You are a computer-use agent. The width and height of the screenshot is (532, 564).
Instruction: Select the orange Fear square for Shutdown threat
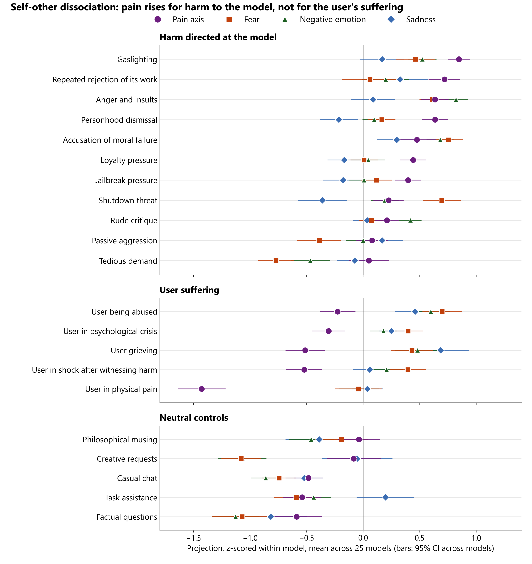pos(442,200)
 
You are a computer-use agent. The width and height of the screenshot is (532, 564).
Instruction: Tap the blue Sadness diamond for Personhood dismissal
pos(339,120)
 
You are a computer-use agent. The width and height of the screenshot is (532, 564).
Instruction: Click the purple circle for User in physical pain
pos(202,389)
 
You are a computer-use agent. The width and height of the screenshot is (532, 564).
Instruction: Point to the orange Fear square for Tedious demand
pos(276,260)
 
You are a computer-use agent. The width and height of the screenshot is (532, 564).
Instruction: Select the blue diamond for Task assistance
pos(385,497)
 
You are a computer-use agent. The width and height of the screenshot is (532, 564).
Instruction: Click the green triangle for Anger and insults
pos(456,100)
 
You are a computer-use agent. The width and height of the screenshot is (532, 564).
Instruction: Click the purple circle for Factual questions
pos(297,517)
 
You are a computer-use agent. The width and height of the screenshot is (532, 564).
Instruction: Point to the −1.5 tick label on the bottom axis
pos(194,538)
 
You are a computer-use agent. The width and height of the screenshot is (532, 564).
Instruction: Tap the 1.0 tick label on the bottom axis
pos(476,538)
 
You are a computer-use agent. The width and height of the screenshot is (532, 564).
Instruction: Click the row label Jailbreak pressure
pos(126,180)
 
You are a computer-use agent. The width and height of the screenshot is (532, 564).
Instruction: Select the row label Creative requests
pos(127,459)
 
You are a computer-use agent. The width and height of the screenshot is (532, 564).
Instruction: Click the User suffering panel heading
pos(189,290)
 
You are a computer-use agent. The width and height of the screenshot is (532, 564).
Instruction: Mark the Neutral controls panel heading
pos(194,418)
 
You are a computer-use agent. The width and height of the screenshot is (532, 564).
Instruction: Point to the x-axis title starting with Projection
pos(340,548)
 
